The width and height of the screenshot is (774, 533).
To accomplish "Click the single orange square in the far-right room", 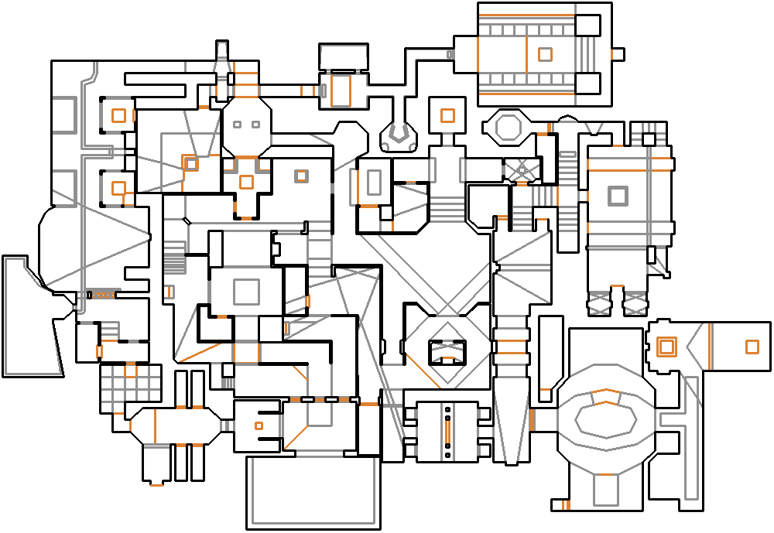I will (752, 347).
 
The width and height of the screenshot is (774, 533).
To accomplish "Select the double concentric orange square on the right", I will (665, 347).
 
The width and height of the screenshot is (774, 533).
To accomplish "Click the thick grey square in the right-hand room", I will (617, 196).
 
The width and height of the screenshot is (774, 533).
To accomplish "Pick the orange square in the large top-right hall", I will (545, 54).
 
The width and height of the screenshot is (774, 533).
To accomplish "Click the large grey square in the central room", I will (246, 292).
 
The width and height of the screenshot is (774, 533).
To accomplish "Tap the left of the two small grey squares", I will (238, 125).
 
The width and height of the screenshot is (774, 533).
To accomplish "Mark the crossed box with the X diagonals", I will (522, 169).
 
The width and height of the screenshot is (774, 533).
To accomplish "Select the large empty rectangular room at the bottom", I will (313, 492).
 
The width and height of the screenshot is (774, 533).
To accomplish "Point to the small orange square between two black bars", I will (259, 425).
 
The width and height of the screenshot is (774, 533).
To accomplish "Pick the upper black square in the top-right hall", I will (589, 26).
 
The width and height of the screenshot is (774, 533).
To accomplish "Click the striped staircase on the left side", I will (174, 258).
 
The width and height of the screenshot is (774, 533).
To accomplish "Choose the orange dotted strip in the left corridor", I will (102, 295).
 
